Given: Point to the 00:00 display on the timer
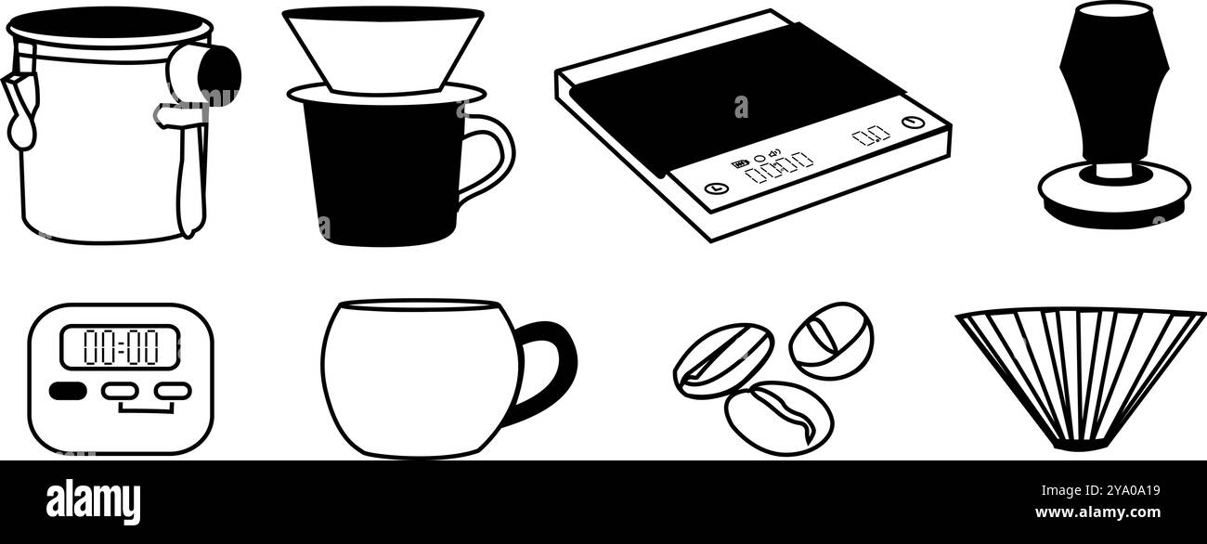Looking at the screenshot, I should pos(119,347).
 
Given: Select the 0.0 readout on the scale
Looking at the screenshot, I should pos(870,136).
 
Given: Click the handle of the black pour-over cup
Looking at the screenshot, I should pos(489,158).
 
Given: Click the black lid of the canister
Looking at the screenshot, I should pos(110,22).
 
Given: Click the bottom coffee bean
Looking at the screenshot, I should pos(778,418).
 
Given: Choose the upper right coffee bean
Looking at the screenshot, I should pos(831,340).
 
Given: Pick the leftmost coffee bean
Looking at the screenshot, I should pos(723,360).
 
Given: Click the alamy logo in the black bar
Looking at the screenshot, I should pos(93,502).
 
